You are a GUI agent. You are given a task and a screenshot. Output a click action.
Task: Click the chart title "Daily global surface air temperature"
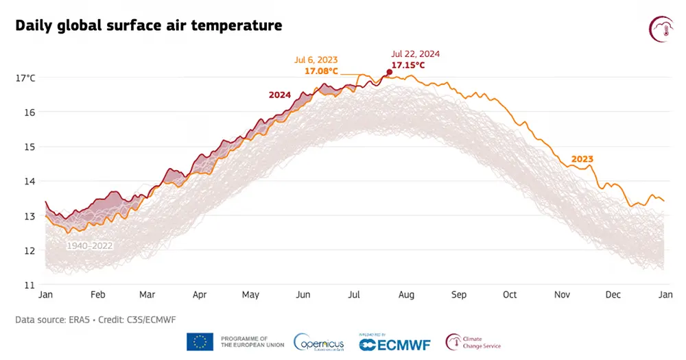click(148, 26)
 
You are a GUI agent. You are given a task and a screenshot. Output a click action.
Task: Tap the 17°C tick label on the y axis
click(26, 78)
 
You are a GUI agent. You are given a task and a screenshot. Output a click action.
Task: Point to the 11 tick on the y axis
click(30, 285)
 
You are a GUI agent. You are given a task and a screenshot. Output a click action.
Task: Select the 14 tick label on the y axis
click(30, 182)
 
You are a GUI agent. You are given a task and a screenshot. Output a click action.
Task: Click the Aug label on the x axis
click(406, 295)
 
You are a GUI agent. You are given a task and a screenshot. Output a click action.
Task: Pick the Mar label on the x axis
click(147, 295)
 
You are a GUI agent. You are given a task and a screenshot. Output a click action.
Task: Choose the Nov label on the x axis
click(562, 295)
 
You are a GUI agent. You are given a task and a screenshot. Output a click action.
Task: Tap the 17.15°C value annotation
click(408, 65)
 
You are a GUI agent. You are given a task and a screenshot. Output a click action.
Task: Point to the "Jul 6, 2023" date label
click(318, 60)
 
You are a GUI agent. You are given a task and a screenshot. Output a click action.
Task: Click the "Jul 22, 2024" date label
click(415, 53)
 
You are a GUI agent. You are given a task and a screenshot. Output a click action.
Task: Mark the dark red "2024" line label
click(280, 95)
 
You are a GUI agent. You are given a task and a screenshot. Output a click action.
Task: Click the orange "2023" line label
click(582, 159)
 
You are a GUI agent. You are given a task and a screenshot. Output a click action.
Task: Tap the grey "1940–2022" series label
click(90, 245)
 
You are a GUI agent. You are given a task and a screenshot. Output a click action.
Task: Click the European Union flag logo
click(200, 341)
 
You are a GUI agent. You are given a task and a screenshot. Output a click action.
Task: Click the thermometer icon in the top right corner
click(661, 28)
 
